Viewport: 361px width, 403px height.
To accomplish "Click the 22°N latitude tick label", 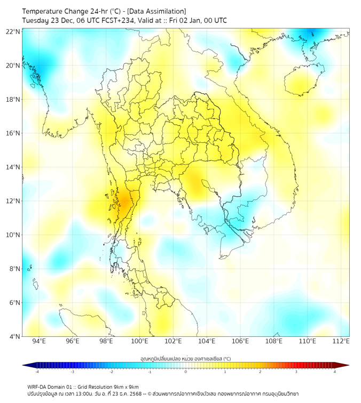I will tap(13, 31).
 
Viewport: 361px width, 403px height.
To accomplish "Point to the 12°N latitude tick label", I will tap(13, 201).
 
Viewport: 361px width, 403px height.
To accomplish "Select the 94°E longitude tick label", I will tap(39, 341).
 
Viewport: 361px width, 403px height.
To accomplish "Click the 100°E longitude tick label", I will tap(140, 341).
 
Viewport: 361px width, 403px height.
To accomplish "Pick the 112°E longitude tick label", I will tap(341, 341).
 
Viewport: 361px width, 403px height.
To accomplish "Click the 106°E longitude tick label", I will tap(240, 341).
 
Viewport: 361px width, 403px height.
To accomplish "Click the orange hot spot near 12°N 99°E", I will tap(124, 201).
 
